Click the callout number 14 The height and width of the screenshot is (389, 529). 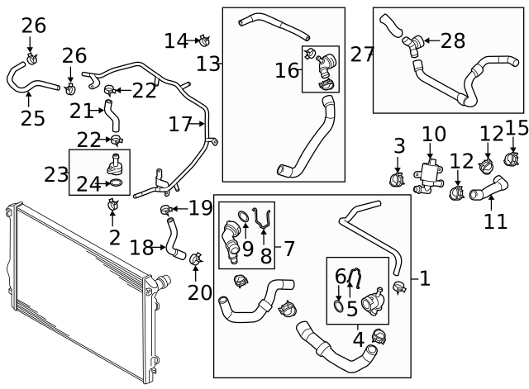coord(175,40)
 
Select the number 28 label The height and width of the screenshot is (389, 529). coord(453,40)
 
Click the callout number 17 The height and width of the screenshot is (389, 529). coord(180,125)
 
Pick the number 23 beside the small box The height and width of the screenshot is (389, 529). coord(56,175)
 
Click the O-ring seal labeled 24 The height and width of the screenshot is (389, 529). coord(117,183)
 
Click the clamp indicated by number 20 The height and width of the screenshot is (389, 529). coord(196,259)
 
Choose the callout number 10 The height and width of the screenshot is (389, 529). coord(433,134)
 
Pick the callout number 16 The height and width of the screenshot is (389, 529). coord(287,70)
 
